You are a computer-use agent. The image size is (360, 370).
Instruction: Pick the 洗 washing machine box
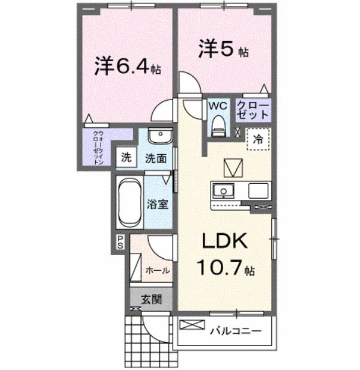pos(126,158)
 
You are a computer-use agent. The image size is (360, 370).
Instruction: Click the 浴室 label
pos(157,204)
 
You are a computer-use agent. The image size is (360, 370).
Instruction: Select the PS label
pos(120,242)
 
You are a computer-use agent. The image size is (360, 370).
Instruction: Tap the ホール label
pos(158,271)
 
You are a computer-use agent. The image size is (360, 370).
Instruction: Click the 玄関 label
pos(152,300)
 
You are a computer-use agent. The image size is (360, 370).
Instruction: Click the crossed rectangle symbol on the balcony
pos(191,325)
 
